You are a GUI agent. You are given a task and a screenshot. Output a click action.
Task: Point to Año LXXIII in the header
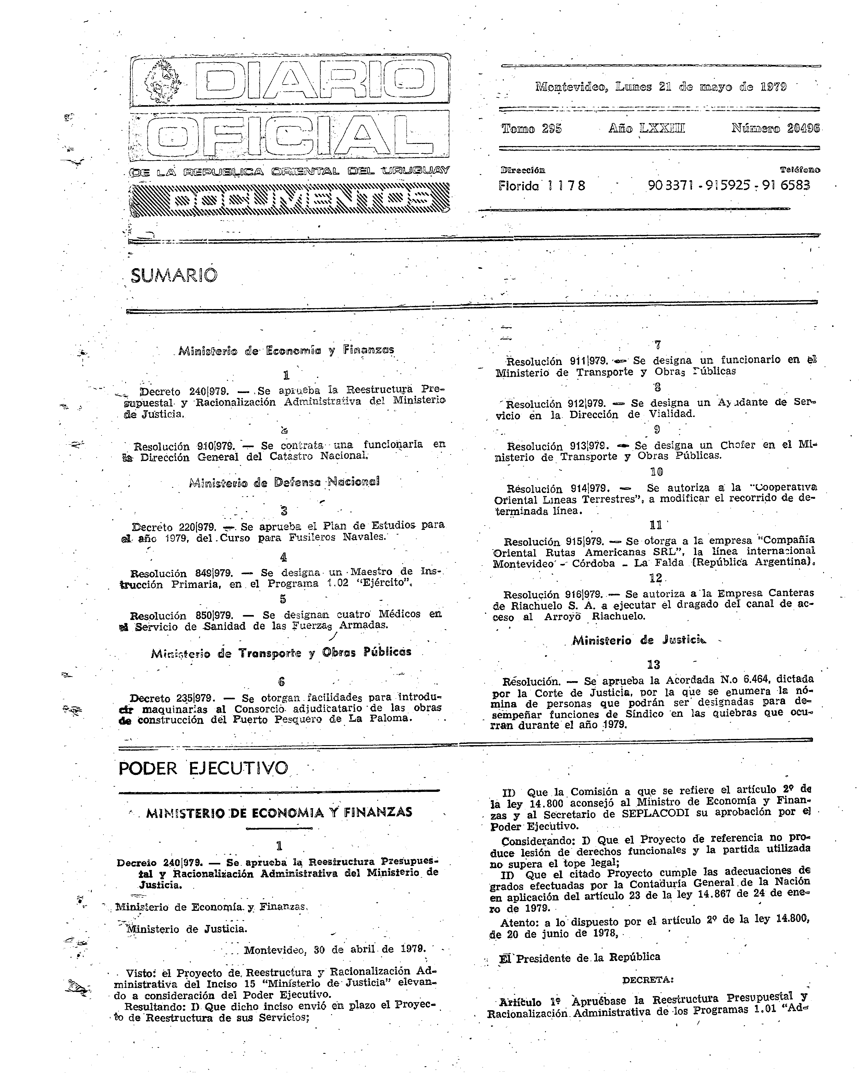(x=646, y=128)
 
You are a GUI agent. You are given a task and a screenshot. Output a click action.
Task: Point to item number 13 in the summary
(x=653, y=665)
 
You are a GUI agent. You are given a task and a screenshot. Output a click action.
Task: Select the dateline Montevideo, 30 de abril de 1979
(x=334, y=950)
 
